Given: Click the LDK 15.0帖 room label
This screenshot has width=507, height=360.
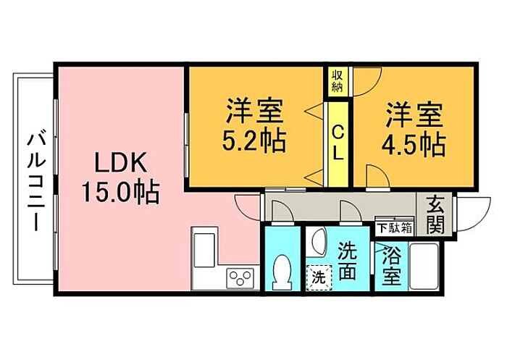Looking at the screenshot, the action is point(120,178).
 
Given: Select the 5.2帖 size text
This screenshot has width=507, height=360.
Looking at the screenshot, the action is point(254,141).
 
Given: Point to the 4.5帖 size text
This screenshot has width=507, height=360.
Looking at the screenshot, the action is point(414,145).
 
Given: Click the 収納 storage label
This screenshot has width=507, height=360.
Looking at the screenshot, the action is point(337,82).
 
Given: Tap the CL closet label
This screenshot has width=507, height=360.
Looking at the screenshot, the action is point(338,143).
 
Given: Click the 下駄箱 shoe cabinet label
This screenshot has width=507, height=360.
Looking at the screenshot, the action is point(395,228).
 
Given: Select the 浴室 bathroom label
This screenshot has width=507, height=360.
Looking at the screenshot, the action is point(391,265).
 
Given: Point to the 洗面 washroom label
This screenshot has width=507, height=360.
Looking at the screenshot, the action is point(347,261).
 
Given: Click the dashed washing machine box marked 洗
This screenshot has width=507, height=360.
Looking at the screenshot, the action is point(319,277).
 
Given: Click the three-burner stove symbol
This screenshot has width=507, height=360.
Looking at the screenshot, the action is point(240,278).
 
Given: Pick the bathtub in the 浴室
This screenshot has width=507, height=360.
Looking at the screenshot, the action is point(424,267).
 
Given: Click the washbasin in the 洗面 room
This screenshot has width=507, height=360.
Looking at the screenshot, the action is point(317,242).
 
